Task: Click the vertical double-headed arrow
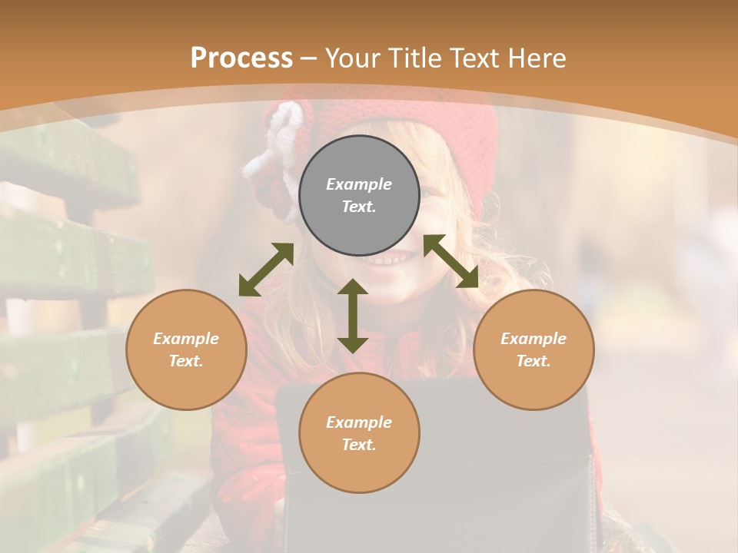tap(353, 316)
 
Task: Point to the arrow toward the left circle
tap(266, 270)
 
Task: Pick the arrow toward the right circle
tap(450, 261)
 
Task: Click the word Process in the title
tap(241, 58)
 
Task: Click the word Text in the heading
tap(476, 58)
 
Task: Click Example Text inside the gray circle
tap(359, 195)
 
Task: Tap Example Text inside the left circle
tap(186, 349)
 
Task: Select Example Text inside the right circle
tap(534, 349)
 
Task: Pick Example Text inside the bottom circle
tap(359, 433)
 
